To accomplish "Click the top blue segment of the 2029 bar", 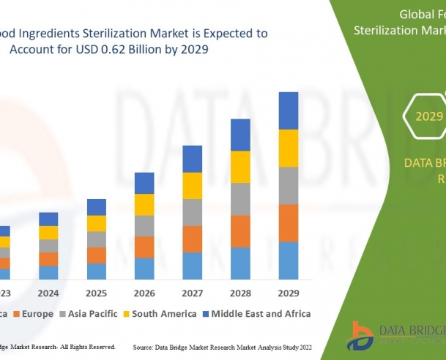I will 289,110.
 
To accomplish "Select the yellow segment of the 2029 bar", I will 289,148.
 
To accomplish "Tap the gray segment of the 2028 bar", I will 240,199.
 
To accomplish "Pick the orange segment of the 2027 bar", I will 193,239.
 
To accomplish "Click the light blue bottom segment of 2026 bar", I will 144,268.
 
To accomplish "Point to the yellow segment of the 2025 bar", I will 97,223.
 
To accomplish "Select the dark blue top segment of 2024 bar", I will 48,219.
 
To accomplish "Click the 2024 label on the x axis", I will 48,293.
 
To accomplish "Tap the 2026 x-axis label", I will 144,293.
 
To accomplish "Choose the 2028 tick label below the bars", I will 240,293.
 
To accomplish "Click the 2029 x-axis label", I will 289,293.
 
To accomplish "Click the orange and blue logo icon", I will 362,336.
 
